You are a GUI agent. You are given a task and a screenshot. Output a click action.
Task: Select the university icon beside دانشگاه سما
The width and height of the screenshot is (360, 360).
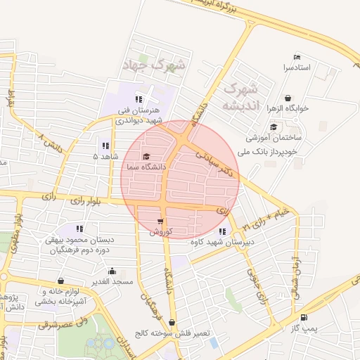146,157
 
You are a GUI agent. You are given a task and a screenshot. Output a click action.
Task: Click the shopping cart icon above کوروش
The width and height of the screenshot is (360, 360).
160,221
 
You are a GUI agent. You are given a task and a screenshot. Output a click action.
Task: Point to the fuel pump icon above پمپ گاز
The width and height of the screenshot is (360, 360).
304,318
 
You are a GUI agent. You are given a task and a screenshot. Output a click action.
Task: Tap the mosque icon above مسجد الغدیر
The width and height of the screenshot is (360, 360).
112,271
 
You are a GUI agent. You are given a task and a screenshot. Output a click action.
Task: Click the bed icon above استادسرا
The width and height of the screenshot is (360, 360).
297,58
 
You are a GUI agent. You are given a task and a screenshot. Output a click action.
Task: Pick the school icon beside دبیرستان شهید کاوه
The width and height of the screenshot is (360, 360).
223,231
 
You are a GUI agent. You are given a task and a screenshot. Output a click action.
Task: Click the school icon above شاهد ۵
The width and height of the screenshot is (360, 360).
105,145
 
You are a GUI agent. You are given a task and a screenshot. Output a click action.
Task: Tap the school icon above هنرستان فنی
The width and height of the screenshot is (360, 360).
139,99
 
